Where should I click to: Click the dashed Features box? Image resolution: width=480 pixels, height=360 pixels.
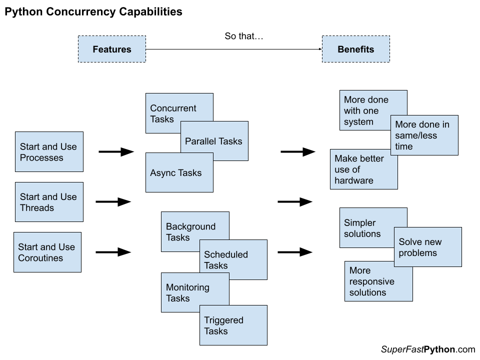(x=111, y=49)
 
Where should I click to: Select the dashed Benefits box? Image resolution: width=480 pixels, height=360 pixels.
(x=355, y=49)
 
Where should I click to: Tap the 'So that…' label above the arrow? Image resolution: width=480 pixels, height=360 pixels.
(x=243, y=36)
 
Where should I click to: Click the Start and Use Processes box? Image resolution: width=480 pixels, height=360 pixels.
(x=49, y=152)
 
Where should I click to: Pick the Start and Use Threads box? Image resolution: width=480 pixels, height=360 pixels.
(x=49, y=202)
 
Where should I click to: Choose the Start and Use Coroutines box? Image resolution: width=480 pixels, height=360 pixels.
(x=47, y=252)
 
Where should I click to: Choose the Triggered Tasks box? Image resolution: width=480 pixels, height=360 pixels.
(x=233, y=325)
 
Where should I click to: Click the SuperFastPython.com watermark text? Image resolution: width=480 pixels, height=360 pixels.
(x=427, y=349)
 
